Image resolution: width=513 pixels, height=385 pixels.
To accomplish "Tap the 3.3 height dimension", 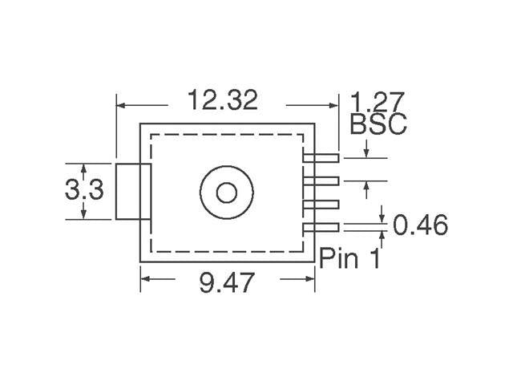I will click(x=83, y=191).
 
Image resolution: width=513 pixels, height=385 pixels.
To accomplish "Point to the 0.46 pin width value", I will click(x=420, y=225).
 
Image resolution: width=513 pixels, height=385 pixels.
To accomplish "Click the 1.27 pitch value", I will click(x=378, y=102).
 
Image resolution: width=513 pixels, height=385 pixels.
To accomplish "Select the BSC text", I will click(x=378, y=124).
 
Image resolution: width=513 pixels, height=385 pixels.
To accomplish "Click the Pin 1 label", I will click(x=350, y=258).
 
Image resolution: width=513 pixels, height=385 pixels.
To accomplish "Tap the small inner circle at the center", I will click(x=227, y=192).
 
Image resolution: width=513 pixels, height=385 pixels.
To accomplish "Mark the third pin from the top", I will click(x=322, y=205).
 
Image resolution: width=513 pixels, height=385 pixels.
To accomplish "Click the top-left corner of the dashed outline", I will click(x=152, y=135).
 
